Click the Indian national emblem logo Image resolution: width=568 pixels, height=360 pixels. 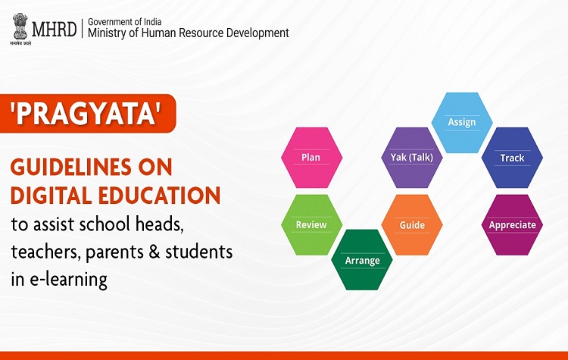tap(20, 29)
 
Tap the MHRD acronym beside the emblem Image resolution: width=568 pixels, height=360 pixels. tap(55, 29)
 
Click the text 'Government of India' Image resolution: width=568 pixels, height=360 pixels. tap(125, 22)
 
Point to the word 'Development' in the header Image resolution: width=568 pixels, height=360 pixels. tap(257, 33)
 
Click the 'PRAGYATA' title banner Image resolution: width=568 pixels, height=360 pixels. tap(88, 114)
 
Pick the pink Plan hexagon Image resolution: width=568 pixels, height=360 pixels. tap(311, 158)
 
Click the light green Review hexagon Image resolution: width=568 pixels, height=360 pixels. tap(311, 225)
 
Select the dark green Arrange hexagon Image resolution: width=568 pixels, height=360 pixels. tap(362, 260)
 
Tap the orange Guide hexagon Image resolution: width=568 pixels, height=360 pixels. tap(412, 225)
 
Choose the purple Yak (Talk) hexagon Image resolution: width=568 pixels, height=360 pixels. tap(412, 158)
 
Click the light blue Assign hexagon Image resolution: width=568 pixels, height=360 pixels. tap(462, 123)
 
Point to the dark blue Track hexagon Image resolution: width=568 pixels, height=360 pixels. tap(512, 158)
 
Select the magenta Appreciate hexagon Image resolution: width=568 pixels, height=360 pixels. tap(512, 225)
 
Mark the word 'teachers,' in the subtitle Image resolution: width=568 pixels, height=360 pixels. tap(45, 252)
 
